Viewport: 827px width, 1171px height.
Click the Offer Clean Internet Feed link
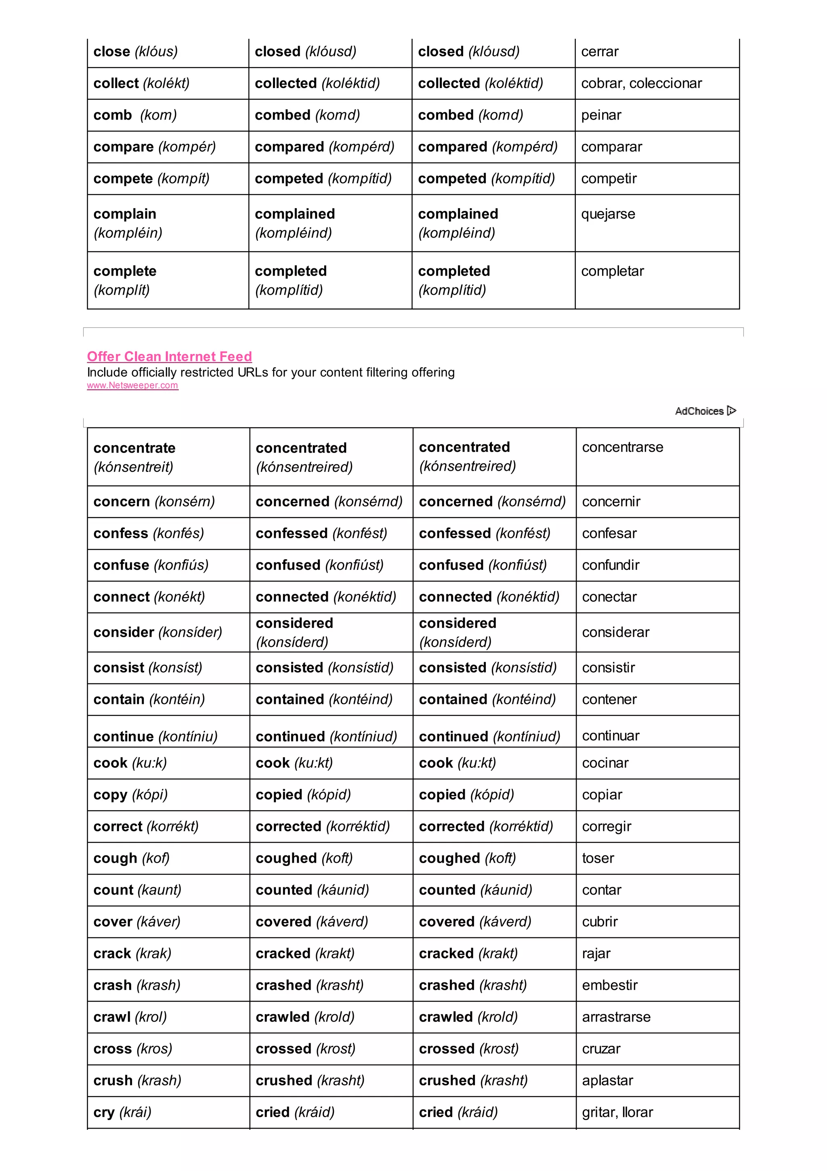(169, 356)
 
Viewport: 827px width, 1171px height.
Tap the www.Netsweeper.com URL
(132, 385)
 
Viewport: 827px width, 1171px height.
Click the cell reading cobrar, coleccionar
(642, 84)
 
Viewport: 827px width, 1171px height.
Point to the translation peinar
(601, 115)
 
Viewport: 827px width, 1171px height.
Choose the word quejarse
(608, 214)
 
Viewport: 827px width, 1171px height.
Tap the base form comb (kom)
(135, 115)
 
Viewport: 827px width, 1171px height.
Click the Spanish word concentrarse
(623, 447)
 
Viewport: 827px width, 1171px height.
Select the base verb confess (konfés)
(149, 533)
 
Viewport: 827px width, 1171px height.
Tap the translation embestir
(610, 986)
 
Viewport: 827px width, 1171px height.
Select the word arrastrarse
(616, 1017)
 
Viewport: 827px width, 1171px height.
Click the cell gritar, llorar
(617, 1112)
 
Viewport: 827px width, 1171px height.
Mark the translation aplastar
(607, 1081)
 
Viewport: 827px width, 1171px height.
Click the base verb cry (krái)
(122, 1112)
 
